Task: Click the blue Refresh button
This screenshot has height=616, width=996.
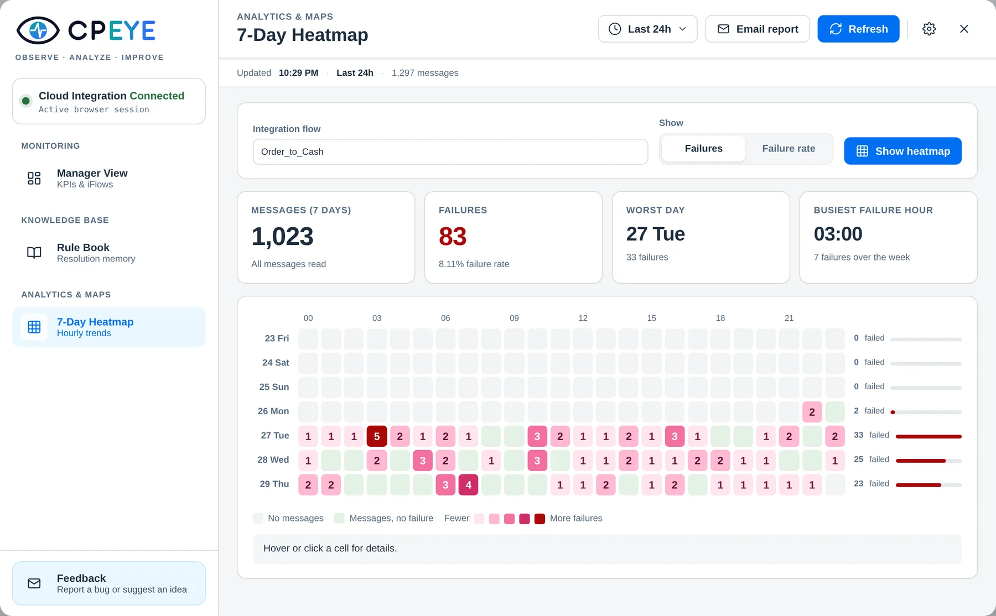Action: tap(858, 29)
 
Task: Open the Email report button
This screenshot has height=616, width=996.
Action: tap(758, 29)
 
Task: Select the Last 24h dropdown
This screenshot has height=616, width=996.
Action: tap(647, 29)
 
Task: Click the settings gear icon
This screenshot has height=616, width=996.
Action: tap(929, 29)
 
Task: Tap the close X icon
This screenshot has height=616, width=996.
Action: tap(964, 29)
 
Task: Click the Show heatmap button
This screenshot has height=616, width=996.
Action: tap(902, 151)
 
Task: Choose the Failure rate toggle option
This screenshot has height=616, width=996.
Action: tap(788, 149)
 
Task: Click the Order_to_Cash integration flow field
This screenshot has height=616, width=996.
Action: tap(450, 152)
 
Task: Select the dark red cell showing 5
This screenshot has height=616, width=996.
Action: tap(377, 436)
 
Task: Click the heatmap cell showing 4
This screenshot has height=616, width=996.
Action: tap(468, 485)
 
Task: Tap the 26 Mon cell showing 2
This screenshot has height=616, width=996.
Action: tap(812, 412)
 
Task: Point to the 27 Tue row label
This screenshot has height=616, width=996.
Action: tap(275, 436)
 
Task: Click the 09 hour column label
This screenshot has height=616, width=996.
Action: tap(514, 318)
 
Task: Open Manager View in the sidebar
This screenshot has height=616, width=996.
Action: tap(92, 178)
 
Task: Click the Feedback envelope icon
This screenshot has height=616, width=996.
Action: tap(34, 583)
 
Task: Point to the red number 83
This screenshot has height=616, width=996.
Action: tap(453, 237)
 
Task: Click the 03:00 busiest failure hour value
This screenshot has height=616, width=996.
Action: tap(838, 234)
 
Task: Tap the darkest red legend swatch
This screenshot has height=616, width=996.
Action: tap(539, 519)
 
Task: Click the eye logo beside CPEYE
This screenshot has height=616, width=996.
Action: tap(38, 30)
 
